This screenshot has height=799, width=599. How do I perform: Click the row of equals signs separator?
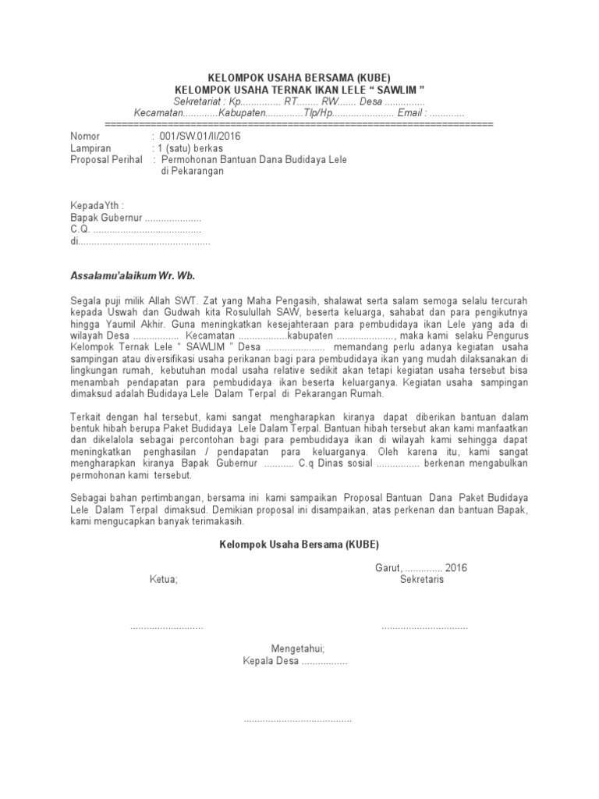299,124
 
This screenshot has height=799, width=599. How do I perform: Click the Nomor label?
85,136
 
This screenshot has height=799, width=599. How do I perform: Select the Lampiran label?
90,147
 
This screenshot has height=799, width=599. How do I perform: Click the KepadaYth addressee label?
97,206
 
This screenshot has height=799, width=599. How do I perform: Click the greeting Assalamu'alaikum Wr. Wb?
132,276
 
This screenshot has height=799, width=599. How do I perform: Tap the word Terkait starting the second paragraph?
86,417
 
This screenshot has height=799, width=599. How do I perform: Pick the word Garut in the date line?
386,568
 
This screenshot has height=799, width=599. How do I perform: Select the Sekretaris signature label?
422,580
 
